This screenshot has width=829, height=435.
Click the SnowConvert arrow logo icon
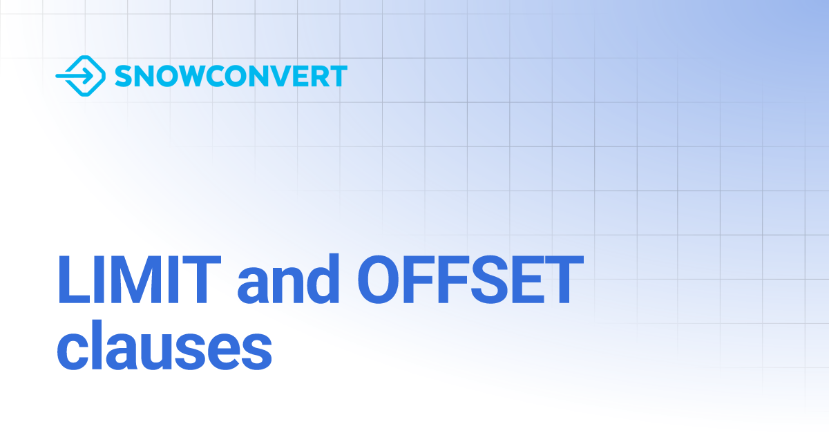point(79,75)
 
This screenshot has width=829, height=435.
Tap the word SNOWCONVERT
point(231,76)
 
